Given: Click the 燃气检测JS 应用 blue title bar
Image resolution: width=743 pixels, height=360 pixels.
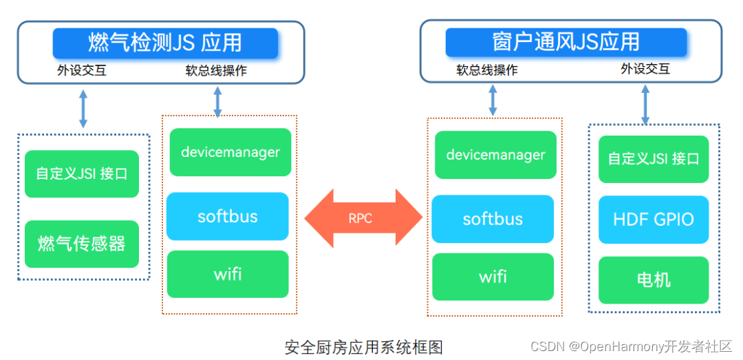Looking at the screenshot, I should pyautogui.click(x=165, y=43).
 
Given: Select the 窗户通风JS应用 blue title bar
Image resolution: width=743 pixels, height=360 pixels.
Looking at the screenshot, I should pyautogui.click(x=566, y=41).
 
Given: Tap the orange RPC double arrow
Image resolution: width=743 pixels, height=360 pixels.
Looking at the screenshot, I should pyautogui.click(x=360, y=218).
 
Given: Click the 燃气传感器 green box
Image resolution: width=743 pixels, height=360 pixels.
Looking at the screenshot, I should pyautogui.click(x=81, y=244).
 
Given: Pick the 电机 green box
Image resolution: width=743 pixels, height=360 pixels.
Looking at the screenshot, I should pyautogui.click(x=653, y=280).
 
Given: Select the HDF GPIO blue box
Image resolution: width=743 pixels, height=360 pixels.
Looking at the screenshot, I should pyautogui.click(x=653, y=220).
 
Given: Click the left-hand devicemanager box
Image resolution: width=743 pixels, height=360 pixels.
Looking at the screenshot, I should pyautogui.click(x=230, y=152).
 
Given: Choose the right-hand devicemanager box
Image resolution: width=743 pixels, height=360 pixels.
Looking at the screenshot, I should pyautogui.click(x=495, y=155).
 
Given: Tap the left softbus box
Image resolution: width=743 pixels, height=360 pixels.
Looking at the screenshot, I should pyautogui.click(x=227, y=216).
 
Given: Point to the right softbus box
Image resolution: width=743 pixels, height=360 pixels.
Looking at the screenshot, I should pyautogui.click(x=493, y=219).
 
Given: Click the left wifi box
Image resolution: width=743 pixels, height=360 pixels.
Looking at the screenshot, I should pyautogui.click(x=227, y=274).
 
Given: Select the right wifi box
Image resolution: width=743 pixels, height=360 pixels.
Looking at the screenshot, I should pyautogui.click(x=493, y=277).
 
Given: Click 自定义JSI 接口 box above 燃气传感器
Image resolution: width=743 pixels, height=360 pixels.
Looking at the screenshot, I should pyautogui.click(x=81, y=173).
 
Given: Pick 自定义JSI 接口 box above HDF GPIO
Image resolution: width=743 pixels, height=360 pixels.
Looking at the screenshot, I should pyautogui.click(x=653, y=159).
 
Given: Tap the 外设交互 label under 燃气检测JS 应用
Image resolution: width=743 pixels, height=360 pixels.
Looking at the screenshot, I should pyautogui.click(x=81, y=70).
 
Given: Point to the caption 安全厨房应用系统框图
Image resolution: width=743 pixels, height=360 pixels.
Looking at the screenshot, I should pyautogui.click(x=364, y=346).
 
